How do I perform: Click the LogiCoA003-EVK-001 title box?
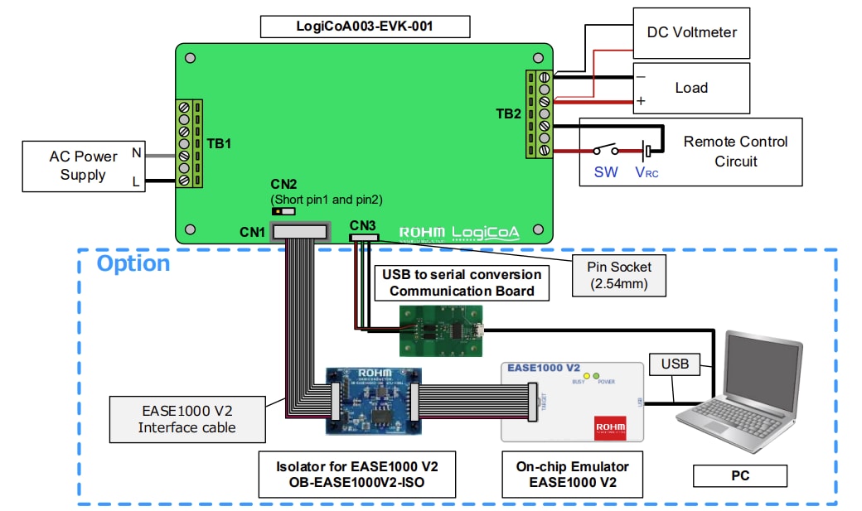coord(365,27)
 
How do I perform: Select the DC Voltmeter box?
coord(691,32)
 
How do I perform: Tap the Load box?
coord(691,88)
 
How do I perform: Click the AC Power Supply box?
coord(83,166)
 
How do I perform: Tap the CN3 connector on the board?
coord(363,238)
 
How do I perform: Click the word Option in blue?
coord(133,263)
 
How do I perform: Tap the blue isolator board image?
coord(375,400)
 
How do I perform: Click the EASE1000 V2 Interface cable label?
coord(186,418)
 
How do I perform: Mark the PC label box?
coord(739,475)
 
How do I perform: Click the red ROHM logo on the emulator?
coord(610,427)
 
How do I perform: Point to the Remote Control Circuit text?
coord(734,151)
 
